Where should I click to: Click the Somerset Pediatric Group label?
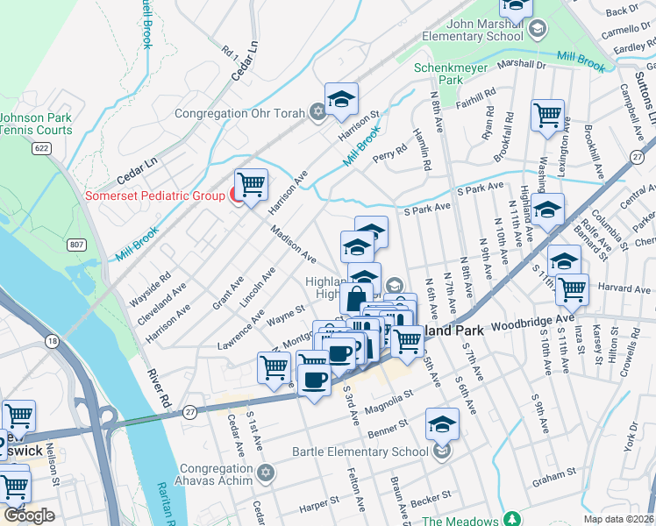[154, 195]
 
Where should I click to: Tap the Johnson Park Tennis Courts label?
[36, 124]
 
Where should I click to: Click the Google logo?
[29, 515]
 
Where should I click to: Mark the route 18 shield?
[53, 341]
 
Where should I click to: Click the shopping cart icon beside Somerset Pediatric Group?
[252, 185]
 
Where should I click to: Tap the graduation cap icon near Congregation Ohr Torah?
[341, 99]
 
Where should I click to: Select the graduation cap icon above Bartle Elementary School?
[443, 424]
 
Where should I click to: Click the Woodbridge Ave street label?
[531, 322]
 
